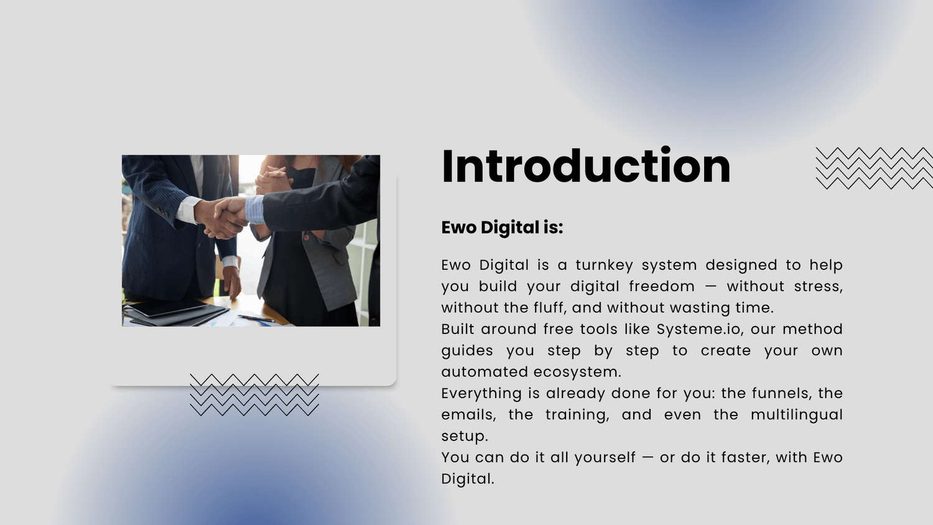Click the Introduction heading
(x=586, y=166)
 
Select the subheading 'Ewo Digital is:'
(x=502, y=228)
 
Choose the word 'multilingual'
(x=797, y=415)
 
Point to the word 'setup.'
(x=465, y=437)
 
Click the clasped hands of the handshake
(x=223, y=216)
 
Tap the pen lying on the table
(x=256, y=318)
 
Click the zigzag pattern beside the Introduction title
(x=874, y=169)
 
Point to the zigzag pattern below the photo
(x=254, y=394)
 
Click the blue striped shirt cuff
(x=254, y=210)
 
